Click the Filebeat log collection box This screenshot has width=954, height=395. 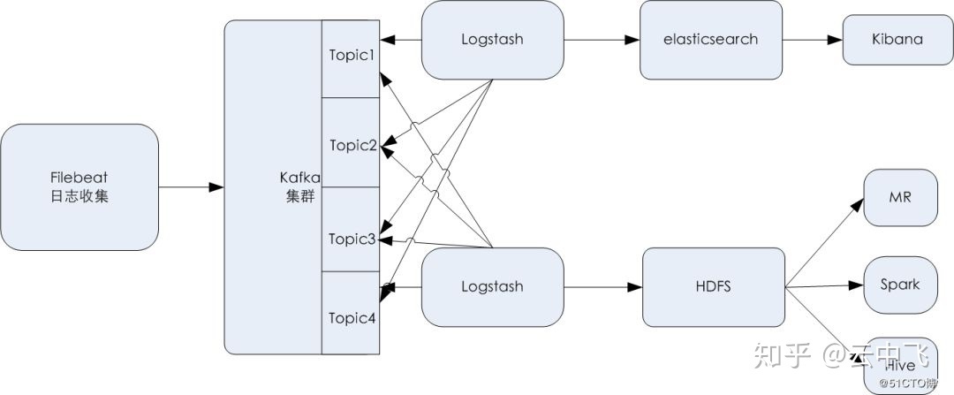tap(79, 186)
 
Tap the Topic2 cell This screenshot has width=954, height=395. tap(352, 144)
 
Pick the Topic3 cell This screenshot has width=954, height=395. tap(352, 238)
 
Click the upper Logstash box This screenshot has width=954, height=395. tap(492, 39)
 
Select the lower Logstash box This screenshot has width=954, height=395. tap(492, 286)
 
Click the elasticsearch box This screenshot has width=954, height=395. tap(711, 39)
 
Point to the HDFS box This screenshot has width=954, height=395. tap(713, 286)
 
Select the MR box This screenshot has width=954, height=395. tap(899, 197)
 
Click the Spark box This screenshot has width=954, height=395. tap(899, 285)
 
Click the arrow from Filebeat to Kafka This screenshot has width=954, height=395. tap(191, 186)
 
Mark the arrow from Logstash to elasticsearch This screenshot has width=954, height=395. tap(601, 40)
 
